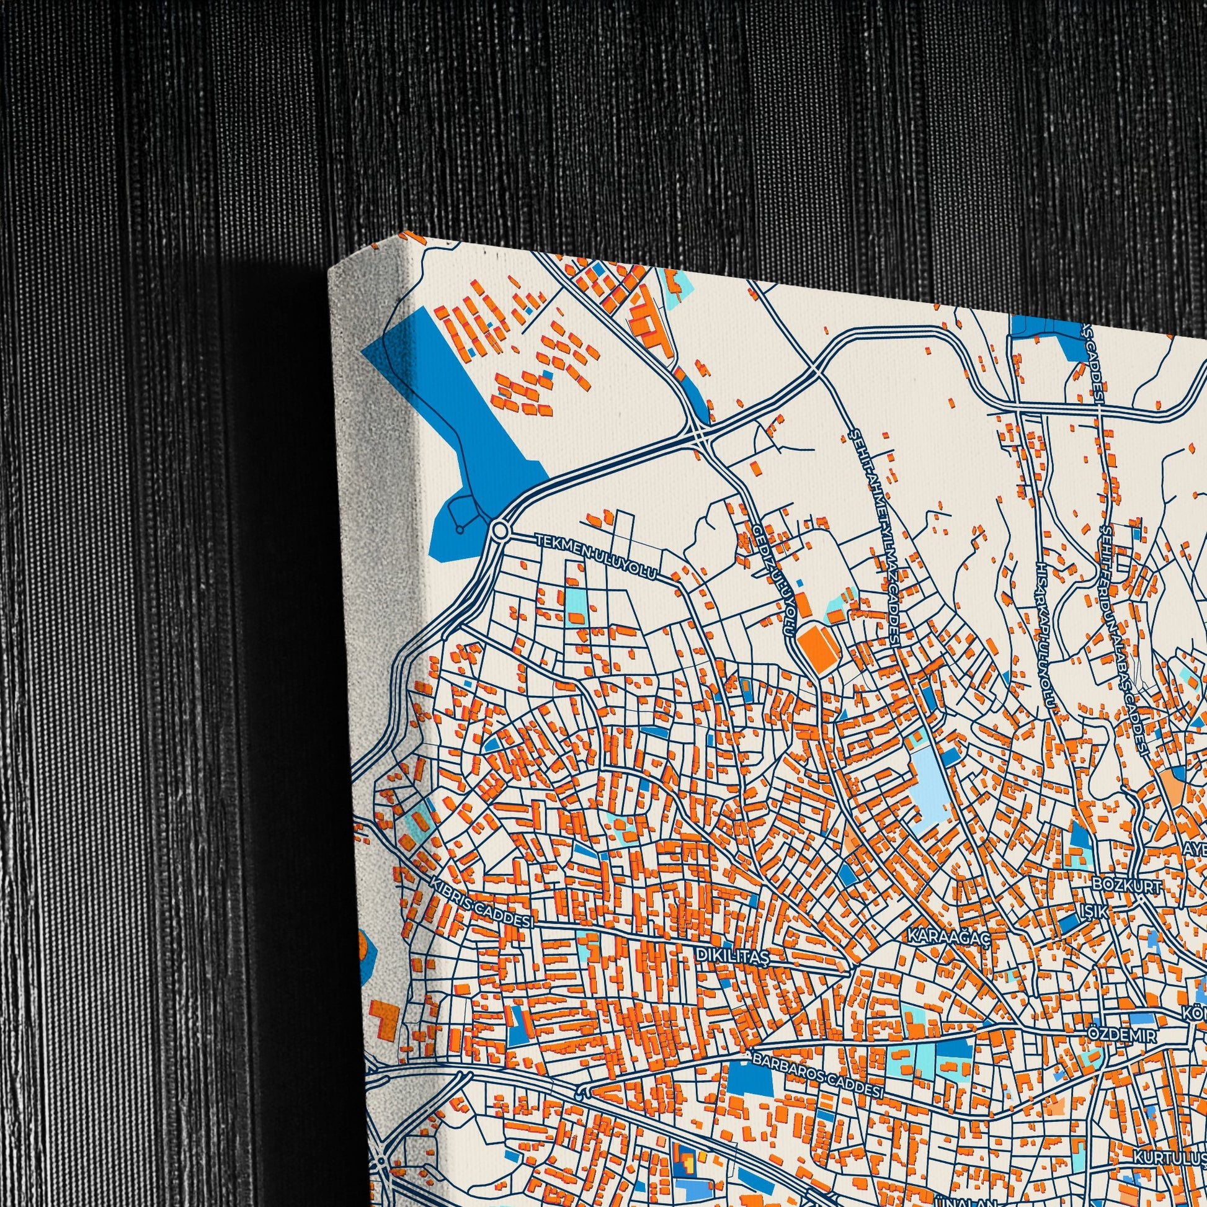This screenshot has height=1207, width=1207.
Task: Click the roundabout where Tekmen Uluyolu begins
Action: [499, 532]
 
